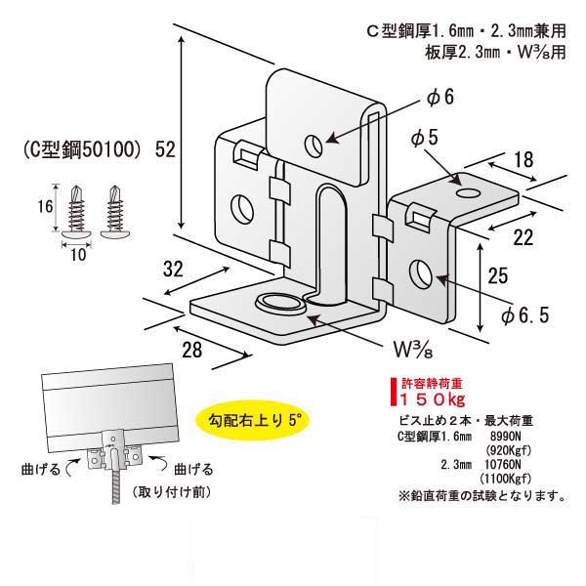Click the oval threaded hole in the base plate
[278, 302]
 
